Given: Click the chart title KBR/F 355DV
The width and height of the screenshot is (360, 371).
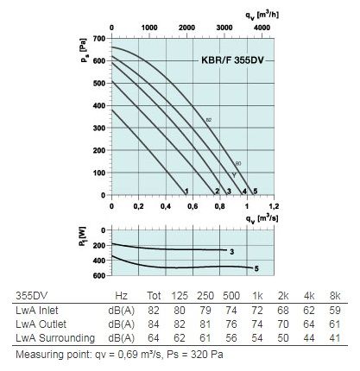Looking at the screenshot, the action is coord(232,60).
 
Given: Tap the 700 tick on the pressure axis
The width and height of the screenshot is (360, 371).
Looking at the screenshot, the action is coord(99,38).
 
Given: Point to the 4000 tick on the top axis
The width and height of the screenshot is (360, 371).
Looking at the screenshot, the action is coord(262,28).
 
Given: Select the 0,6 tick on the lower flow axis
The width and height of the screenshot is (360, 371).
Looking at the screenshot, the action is coord(193,206).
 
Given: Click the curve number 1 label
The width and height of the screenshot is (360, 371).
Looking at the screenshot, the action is coord(186,191).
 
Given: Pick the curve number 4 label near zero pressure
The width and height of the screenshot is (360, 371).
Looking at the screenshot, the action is coord(244,191).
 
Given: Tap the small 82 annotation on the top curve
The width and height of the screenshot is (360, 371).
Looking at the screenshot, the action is coord(209,120).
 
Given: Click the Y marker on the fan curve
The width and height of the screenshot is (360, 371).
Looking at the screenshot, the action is coord(234,175).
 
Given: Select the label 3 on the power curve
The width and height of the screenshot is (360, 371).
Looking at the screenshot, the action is coord(232,252).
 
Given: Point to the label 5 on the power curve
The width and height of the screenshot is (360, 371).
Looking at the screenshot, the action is coord(256,268).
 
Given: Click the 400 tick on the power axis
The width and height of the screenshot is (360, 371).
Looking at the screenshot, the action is coord(99,261).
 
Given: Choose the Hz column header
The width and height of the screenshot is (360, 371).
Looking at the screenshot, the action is coord(121,296).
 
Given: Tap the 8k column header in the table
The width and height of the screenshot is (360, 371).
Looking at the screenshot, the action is coord(335,296).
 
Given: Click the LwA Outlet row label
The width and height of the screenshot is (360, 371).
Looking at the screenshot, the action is coord(41,324).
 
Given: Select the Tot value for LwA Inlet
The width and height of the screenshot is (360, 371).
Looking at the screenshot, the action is coord(154,311).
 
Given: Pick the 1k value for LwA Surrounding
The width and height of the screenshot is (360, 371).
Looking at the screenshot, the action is coord(257,338).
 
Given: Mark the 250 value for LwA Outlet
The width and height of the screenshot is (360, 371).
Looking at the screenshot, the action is coord(205,324).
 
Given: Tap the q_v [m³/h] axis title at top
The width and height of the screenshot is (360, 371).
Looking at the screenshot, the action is coord(262,15).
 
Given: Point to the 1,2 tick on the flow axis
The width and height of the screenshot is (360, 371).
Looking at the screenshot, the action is coord(274,206).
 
